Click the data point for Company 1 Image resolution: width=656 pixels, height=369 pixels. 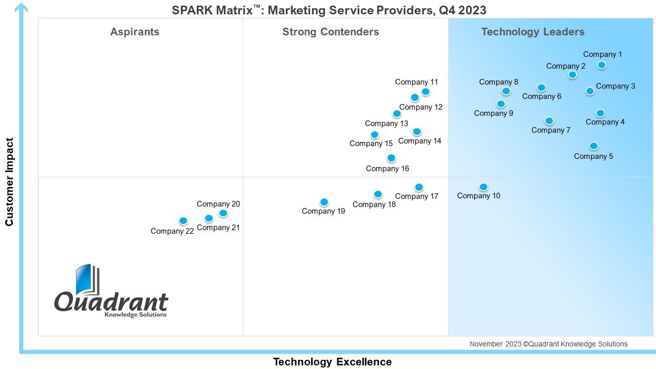(x=602, y=65)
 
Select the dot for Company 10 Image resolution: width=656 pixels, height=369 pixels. (x=483, y=187)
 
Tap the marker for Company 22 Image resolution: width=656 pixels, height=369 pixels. (x=183, y=221)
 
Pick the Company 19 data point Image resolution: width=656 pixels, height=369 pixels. (x=324, y=202)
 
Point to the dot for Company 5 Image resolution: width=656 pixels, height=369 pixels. (x=593, y=146)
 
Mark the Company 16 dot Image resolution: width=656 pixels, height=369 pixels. (x=391, y=158)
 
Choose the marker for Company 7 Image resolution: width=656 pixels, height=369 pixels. (x=549, y=121)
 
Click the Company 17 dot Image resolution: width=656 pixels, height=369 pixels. (x=419, y=188)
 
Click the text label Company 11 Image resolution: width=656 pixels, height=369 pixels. (x=416, y=82)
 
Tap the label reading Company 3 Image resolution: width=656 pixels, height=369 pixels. (x=615, y=86)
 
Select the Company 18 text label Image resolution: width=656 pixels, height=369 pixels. (x=374, y=204)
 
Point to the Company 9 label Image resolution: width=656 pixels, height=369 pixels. (x=493, y=113)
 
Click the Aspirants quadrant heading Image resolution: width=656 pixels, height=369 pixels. (x=135, y=32)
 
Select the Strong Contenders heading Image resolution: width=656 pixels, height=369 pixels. (x=331, y=32)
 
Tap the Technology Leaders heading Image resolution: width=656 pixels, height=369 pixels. (x=532, y=32)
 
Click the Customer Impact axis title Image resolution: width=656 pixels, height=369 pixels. (x=9, y=182)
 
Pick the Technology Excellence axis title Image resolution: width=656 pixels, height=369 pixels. (x=332, y=362)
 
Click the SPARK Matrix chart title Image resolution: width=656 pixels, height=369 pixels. (x=329, y=10)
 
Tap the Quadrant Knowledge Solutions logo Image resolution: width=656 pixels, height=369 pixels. (x=111, y=292)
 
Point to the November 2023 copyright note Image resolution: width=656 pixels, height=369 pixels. (x=548, y=344)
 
